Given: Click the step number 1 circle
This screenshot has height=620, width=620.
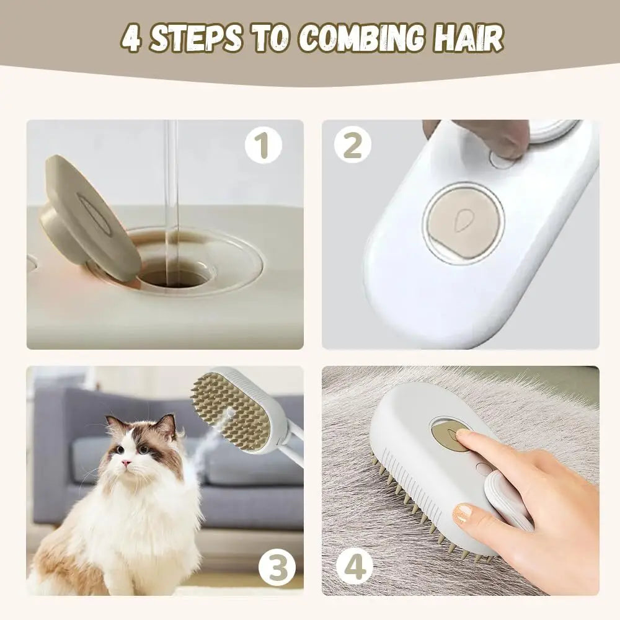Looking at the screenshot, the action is pyautogui.click(x=263, y=145).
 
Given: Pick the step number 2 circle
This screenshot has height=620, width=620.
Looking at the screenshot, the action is pyautogui.click(x=353, y=145).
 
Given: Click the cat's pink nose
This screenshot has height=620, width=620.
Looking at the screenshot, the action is pyautogui.click(x=126, y=463).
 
